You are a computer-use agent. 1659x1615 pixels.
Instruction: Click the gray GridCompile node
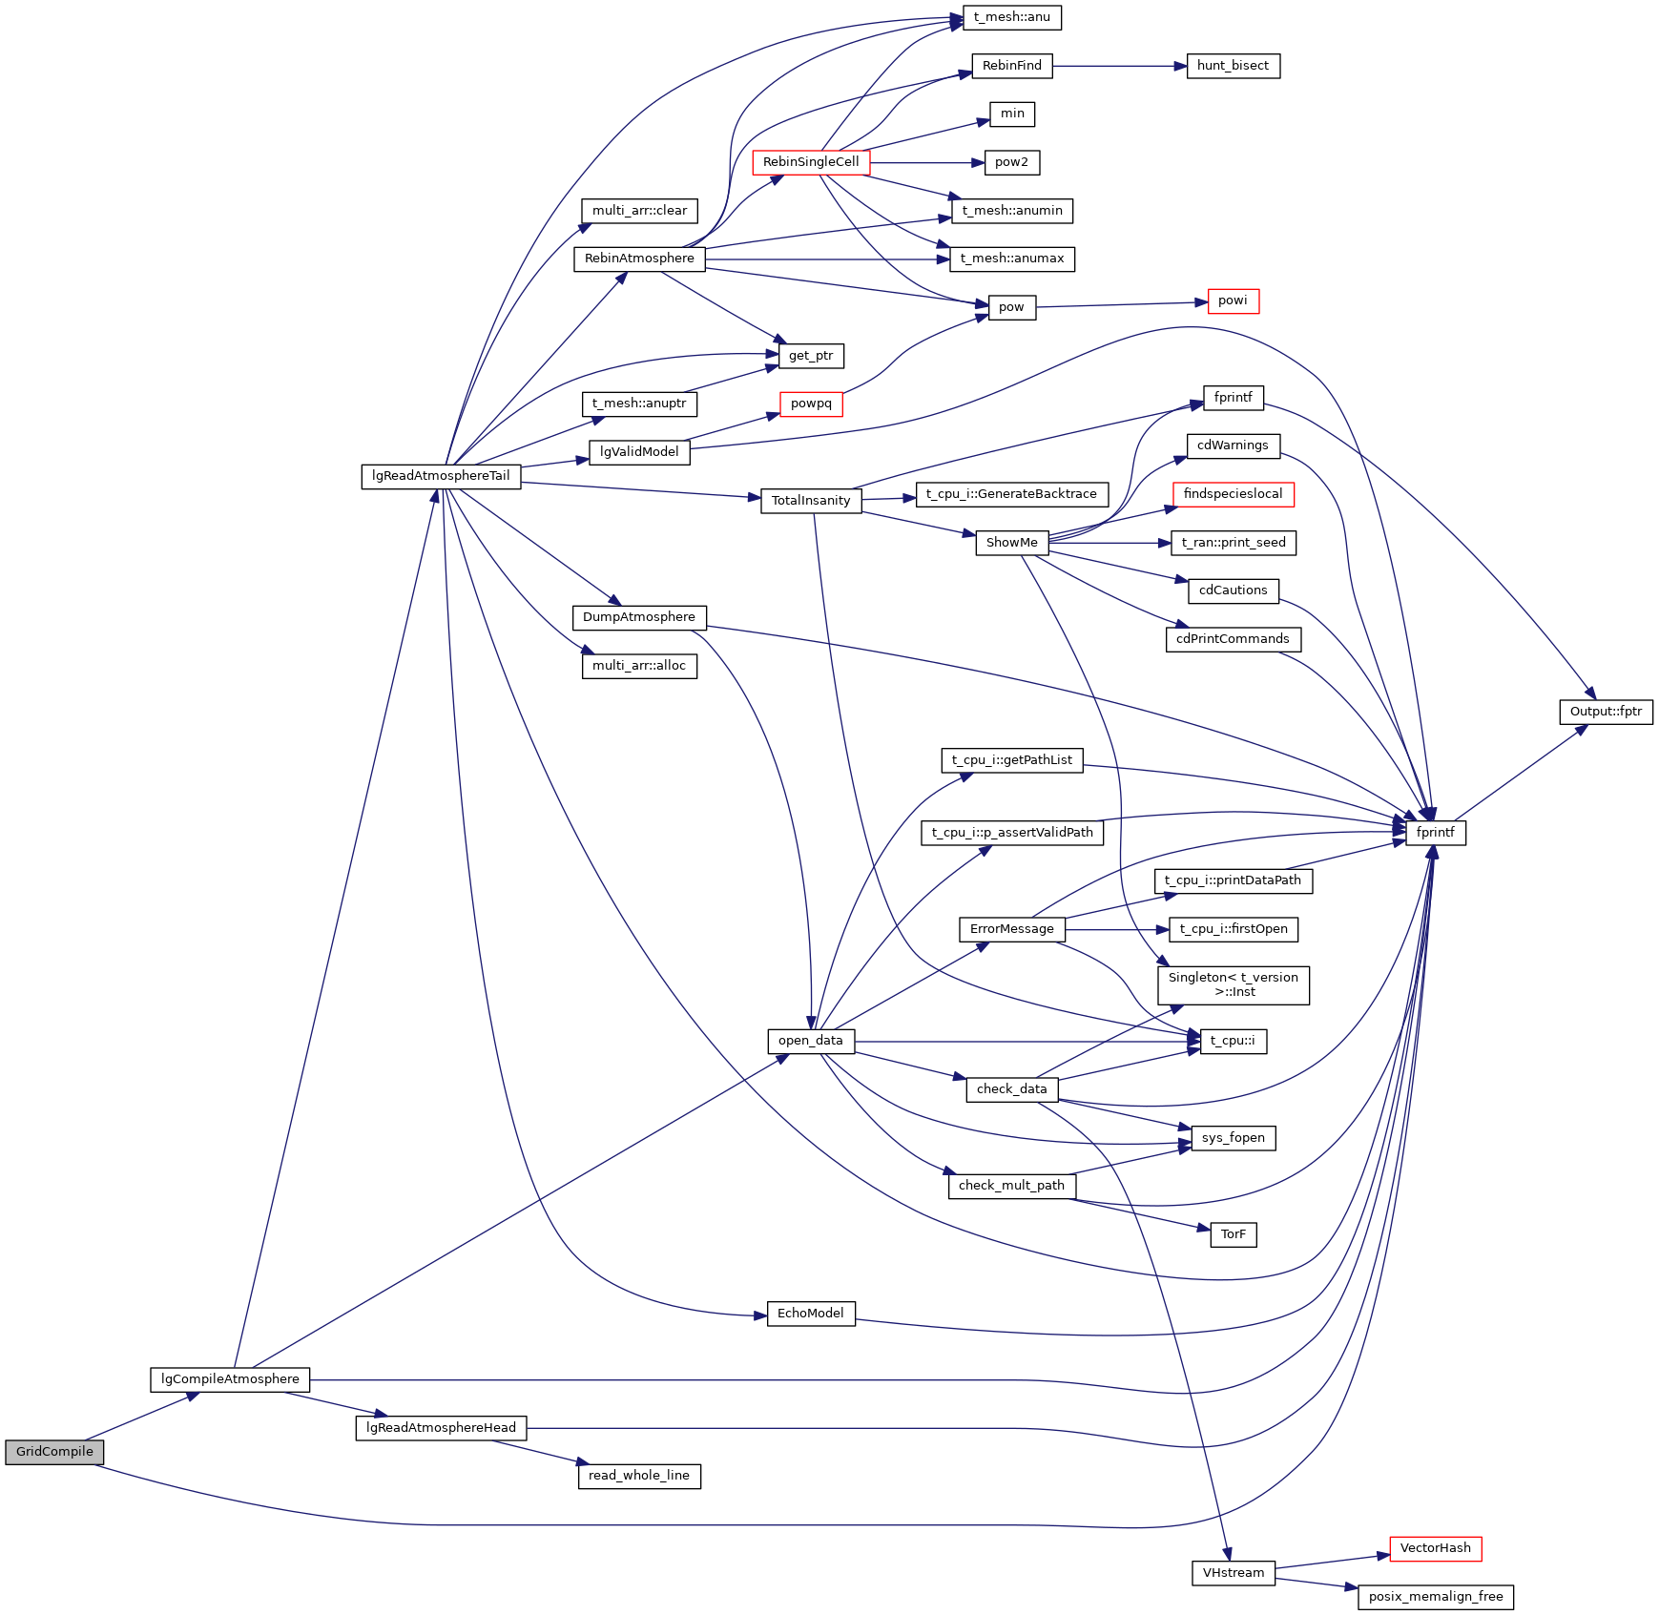pyautogui.click(x=54, y=1452)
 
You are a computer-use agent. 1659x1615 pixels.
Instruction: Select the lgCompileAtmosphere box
pyautogui.click(x=230, y=1379)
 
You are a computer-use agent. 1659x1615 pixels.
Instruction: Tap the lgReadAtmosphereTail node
pyautogui.click(x=441, y=476)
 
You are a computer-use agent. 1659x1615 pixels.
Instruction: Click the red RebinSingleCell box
pyautogui.click(x=811, y=162)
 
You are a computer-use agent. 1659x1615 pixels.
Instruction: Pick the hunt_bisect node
pyautogui.click(x=1233, y=66)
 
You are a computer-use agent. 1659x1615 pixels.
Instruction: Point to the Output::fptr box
pyautogui.click(x=1606, y=712)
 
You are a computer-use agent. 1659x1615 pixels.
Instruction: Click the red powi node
pyautogui.click(x=1233, y=300)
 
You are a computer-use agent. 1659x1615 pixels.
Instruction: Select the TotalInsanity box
pyautogui.click(x=811, y=501)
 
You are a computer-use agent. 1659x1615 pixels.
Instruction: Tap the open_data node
pyautogui.click(x=811, y=1041)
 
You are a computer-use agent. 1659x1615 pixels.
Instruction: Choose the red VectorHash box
pyautogui.click(x=1435, y=1548)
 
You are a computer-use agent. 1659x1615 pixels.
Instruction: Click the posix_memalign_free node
pyautogui.click(x=1435, y=1597)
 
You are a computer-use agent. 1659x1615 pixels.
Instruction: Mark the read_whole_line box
pyautogui.click(x=639, y=1476)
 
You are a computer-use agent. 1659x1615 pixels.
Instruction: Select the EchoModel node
pyautogui.click(x=811, y=1314)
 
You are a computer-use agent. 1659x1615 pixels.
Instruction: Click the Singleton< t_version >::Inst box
pyautogui.click(x=1233, y=984)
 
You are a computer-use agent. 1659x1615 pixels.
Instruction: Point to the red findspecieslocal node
pyautogui.click(x=1233, y=494)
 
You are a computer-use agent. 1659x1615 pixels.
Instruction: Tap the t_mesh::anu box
pyautogui.click(x=1012, y=17)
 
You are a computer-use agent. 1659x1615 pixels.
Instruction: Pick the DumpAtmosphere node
pyautogui.click(x=639, y=617)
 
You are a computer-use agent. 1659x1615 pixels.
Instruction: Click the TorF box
pyautogui.click(x=1233, y=1234)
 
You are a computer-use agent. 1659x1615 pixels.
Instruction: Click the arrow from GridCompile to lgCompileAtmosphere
pyautogui.click(x=143, y=1416)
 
